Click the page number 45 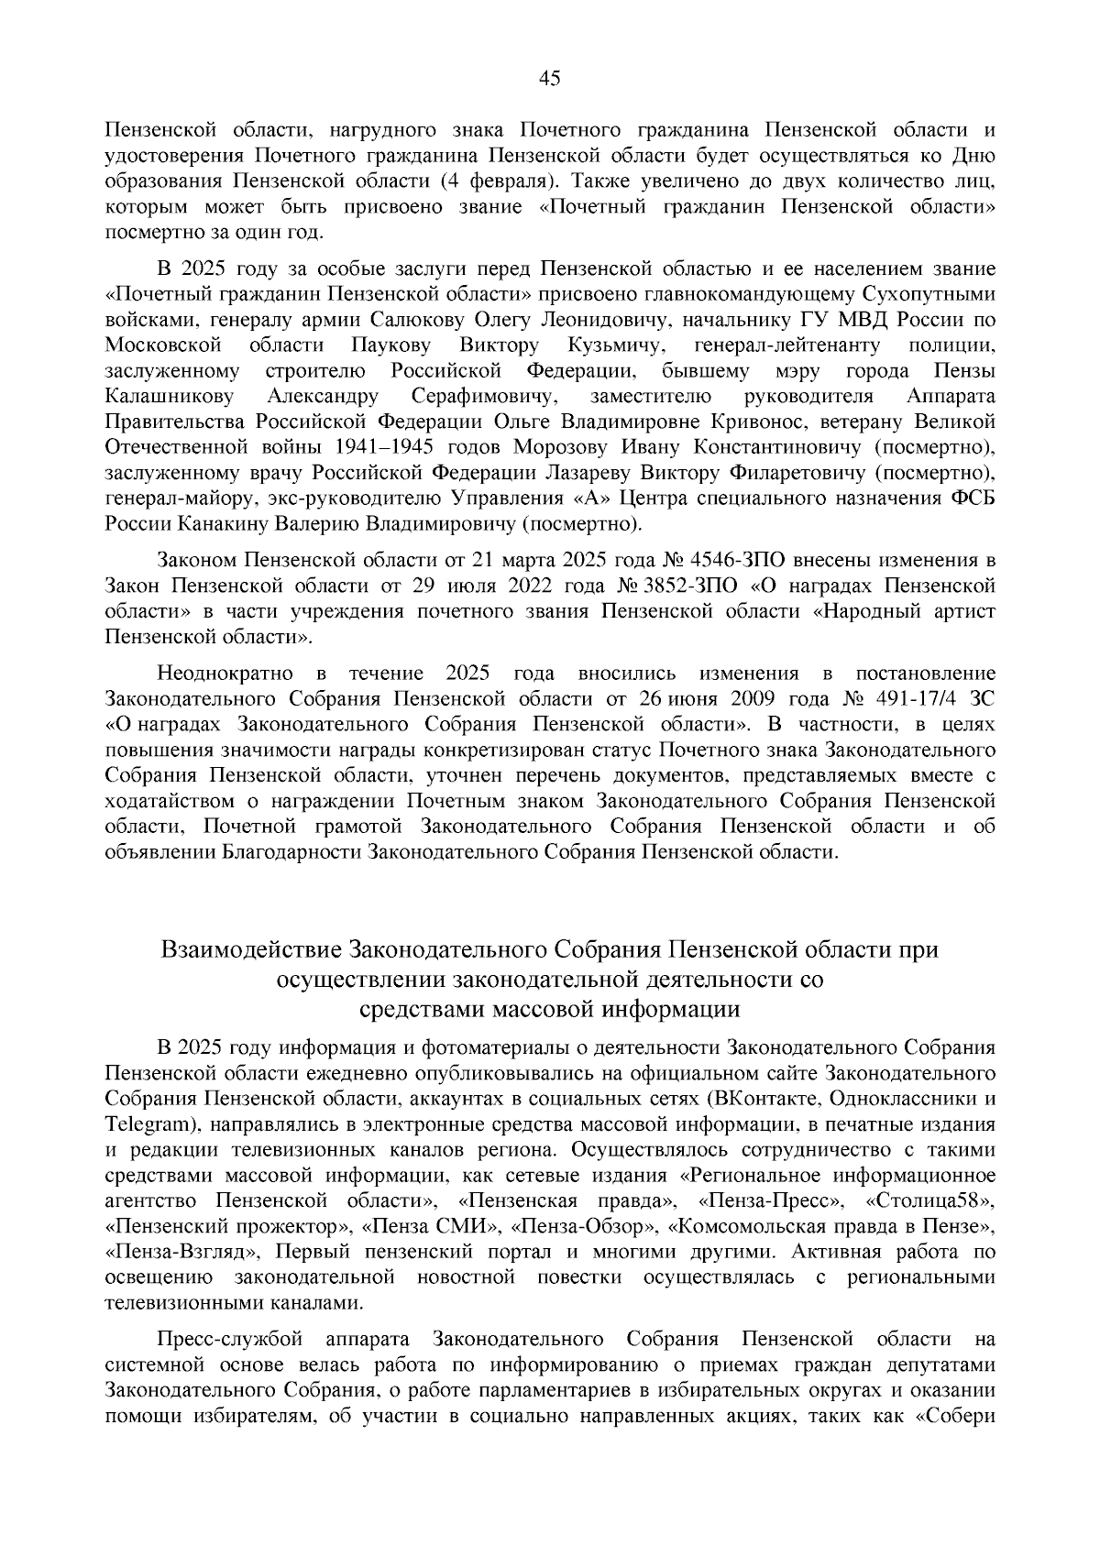(549, 78)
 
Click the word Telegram (147, 1123)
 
